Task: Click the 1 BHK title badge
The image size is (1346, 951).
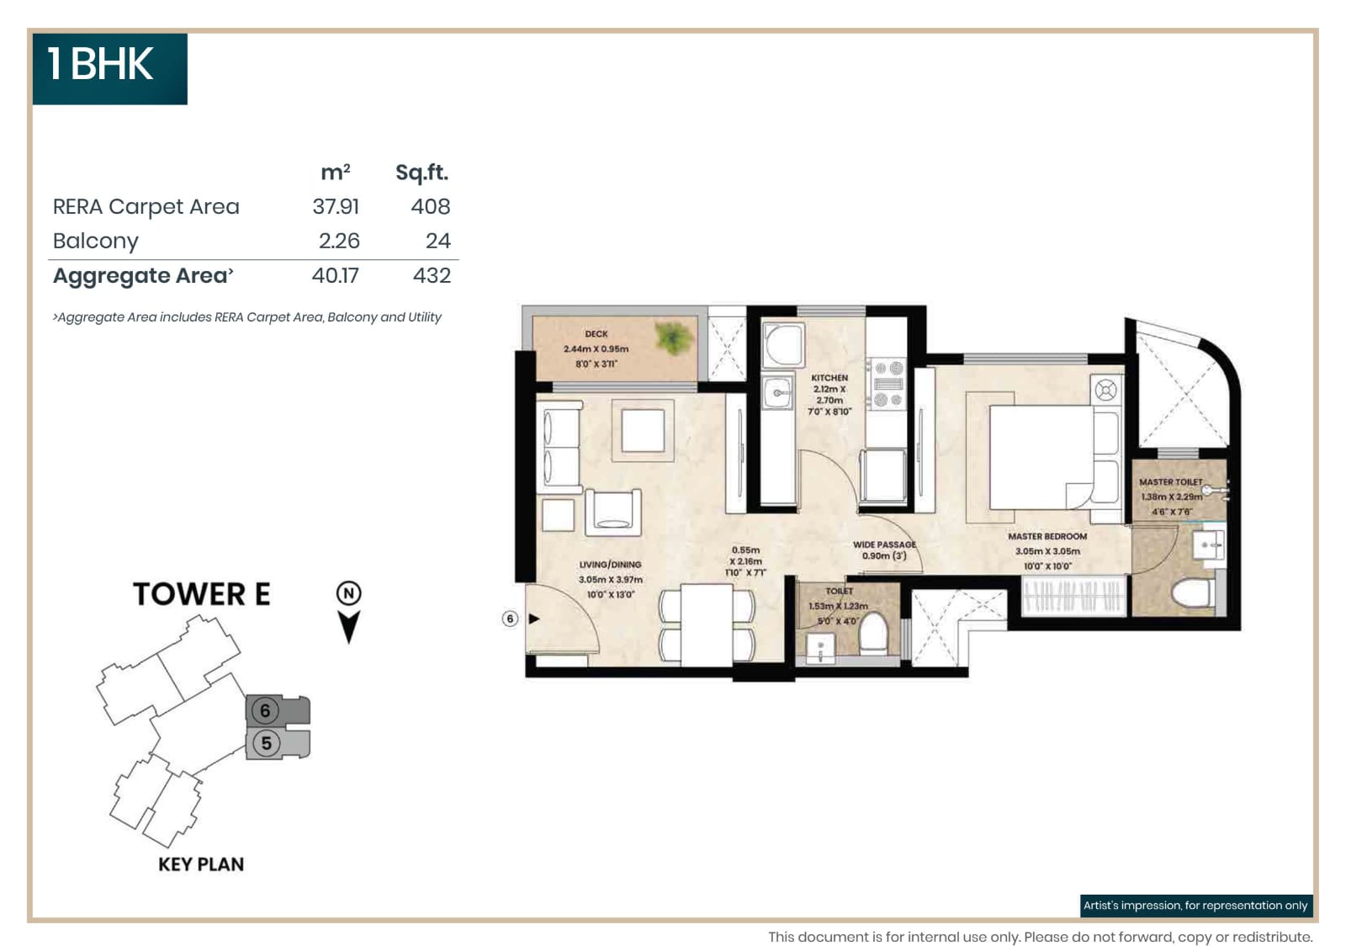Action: pyautogui.click(x=109, y=67)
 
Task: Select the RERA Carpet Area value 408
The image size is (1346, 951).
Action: pyautogui.click(x=430, y=207)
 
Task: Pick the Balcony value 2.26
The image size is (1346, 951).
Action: pyautogui.click(x=338, y=242)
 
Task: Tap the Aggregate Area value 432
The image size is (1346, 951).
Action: pyautogui.click(x=432, y=276)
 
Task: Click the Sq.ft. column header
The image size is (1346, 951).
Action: pyautogui.click(x=421, y=173)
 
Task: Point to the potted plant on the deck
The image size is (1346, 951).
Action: pyautogui.click(x=674, y=338)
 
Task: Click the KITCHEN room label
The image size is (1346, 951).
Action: pyautogui.click(x=829, y=378)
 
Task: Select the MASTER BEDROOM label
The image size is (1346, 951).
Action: pyautogui.click(x=1047, y=536)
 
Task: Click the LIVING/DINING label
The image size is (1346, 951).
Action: pyautogui.click(x=610, y=565)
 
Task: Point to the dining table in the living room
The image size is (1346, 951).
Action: pyautogui.click(x=707, y=624)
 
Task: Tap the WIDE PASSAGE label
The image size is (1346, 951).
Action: pyautogui.click(x=884, y=545)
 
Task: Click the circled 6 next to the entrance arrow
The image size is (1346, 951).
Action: pyautogui.click(x=510, y=619)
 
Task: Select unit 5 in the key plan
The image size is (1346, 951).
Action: pyautogui.click(x=267, y=744)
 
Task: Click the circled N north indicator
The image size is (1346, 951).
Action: pyautogui.click(x=348, y=593)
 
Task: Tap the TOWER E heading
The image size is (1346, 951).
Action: pyautogui.click(x=201, y=594)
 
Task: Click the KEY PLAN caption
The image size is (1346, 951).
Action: pyautogui.click(x=201, y=864)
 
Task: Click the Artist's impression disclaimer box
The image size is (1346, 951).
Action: pyautogui.click(x=1195, y=906)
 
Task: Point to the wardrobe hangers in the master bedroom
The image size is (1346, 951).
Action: pyautogui.click(x=1073, y=596)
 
